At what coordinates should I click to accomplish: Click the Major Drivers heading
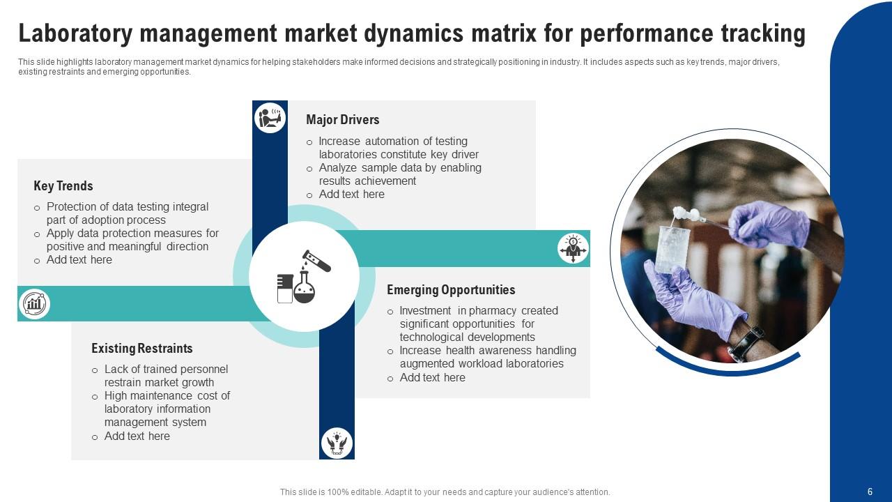click(x=342, y=120)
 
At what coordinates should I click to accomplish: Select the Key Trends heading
click(x=63, y=186)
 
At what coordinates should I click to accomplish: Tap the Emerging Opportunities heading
click(x=451, y=290)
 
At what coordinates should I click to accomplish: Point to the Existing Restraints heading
click(x=141, y=349)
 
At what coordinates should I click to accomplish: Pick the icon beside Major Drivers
click(x=270, y=117)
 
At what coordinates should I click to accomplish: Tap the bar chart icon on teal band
click(x=34, y=303)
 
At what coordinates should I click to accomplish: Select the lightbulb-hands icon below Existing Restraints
click(x=337, y=443)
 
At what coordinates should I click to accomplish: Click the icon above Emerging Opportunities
click(x=573, y=248)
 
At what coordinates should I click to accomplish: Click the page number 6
click(x=870, y=492)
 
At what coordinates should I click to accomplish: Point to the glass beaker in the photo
click(x=672, y=248)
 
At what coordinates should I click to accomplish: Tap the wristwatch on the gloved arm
click(x=746, y=343)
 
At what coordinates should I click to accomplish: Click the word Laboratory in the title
click(x=76, y=33)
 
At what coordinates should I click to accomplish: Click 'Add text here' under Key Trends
click(x=79, y=260)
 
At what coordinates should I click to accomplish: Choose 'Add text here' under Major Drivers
click(x=351, y=195)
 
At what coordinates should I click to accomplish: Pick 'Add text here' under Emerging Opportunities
click(x=432, y=378)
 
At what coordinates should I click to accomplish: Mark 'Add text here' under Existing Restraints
click(x=137, y=436)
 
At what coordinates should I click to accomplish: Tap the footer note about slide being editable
click(x=445, y=492)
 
